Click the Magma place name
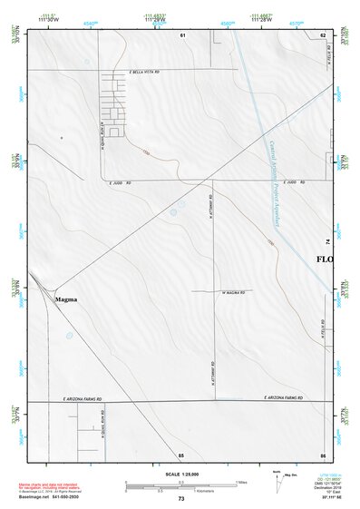(x=66, y=299)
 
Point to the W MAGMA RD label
(x=233, y=292)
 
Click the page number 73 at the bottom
(x=181, y=499)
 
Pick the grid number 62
(x=323, y=34)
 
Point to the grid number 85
(x=181, y=454)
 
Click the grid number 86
(x=323, y=454)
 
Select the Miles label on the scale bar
(x=241, y=482)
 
